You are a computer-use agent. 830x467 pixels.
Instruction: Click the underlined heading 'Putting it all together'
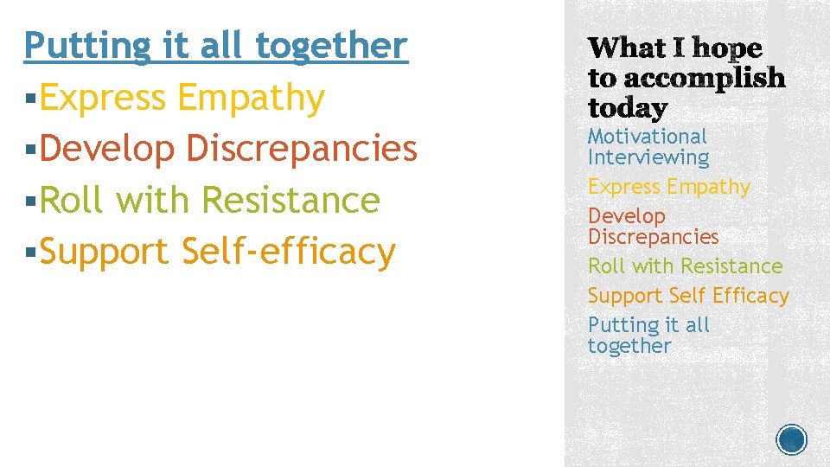pyautogui.click(x=215, y=45)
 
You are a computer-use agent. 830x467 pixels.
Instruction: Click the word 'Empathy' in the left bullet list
pyautogui.click(x=251, y=97)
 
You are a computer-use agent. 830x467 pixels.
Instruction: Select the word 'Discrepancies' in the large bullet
pyautogui.click(x=302, y=149)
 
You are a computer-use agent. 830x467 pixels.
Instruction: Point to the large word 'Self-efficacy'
pyautogui.click(x=289, y=252)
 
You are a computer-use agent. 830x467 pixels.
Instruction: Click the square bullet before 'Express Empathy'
pyautogui.click(x=30, y=99)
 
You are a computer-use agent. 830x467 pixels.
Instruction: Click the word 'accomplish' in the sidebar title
pyautogui.click(x=704, y=80)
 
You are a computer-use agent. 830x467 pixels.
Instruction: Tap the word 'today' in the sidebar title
pyautogui.click(x=628, y=108)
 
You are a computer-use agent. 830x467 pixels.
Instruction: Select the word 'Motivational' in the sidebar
pyautogui.click(x=647, y=137)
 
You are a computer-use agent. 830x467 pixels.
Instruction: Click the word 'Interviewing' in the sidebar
pyautogui.click(x=648, y=157)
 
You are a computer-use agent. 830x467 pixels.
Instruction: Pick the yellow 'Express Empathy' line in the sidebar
pyautogui.click(x=668, y=187)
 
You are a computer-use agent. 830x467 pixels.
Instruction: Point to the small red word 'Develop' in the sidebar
pyautogui.click(x=627, y=216)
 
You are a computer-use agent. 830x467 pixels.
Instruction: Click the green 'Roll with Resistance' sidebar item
pyautogui.click(x=685, y=266)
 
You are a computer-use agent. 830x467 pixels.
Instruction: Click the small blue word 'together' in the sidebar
pyautogui.click(x=629, y=346)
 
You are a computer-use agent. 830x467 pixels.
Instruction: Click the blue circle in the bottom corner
pyautogui.click(x=792, y=439)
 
